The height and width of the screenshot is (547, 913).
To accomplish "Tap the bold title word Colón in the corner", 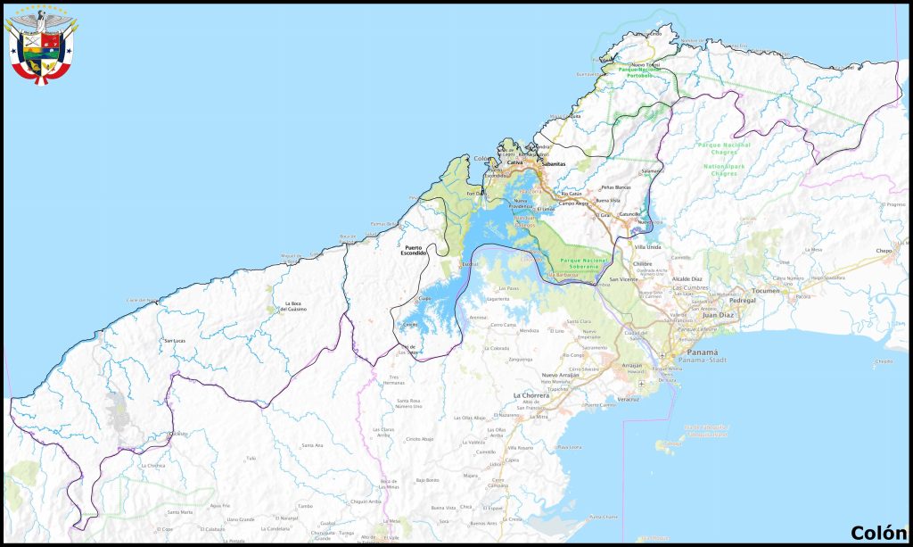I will point(877,533).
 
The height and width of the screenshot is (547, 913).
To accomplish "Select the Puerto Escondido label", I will point(414,251).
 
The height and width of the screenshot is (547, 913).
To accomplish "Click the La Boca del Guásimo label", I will point(293,307).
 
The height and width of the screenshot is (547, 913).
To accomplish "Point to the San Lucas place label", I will point(174,341).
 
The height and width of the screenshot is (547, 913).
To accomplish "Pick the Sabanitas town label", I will point(553,164).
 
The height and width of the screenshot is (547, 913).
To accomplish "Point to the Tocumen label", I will point(764,291).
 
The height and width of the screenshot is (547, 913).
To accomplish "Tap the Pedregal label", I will point(743,301).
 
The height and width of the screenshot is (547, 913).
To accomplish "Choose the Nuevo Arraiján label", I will point(562,376).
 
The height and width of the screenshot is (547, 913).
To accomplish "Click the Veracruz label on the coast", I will point(628,399).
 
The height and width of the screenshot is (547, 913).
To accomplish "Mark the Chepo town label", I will point(884,252).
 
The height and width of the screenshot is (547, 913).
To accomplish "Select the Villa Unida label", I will point(647,245).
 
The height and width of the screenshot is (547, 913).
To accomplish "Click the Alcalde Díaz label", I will point(687,279).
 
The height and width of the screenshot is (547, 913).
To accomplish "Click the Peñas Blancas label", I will point(615,187).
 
